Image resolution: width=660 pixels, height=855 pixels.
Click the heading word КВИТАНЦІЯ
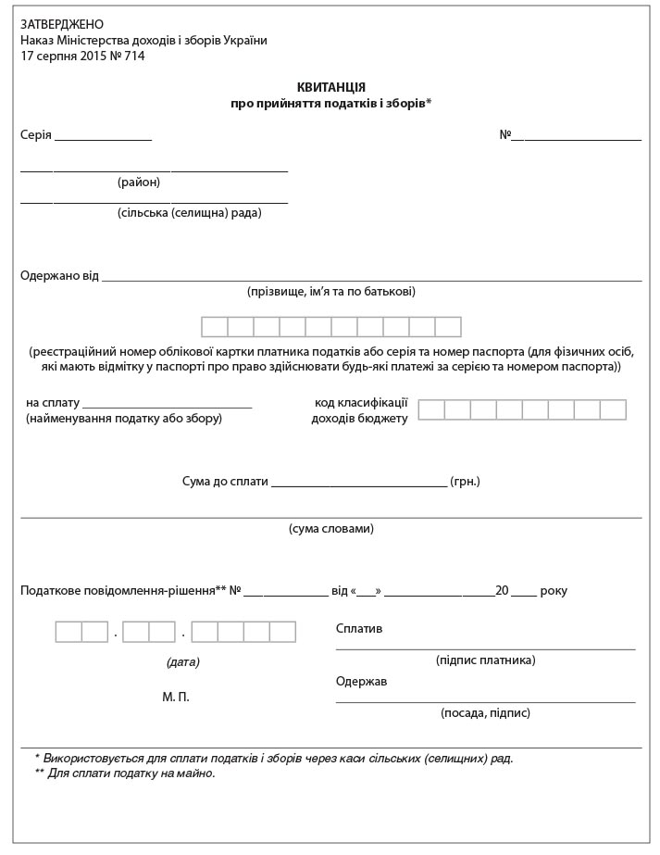(330, 87)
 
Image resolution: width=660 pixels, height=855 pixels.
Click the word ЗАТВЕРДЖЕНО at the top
(62, 24)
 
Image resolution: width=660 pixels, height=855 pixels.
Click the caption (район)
(139, 182)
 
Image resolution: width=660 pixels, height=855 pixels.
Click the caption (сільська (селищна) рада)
(189, 213)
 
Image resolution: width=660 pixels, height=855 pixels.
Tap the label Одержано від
(59, 276)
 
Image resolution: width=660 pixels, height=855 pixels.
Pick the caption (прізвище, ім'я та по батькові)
(330, 292)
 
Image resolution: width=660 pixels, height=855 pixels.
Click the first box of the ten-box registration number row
(215, 327)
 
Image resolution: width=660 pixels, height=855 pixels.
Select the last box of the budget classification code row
(613, 409)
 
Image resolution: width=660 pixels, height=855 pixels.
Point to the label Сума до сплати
(225, 482)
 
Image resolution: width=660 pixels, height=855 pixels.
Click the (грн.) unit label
(465, 482)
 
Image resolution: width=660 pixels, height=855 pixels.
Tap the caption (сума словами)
(330, 529)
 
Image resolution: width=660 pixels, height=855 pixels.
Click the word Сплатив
(359, 629)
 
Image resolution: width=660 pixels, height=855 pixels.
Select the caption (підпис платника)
(485, 660)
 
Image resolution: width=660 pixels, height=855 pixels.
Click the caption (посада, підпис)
(485, 713)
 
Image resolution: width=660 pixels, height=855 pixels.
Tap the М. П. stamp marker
(176, 697)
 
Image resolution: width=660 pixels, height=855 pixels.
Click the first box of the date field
(68, 632)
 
